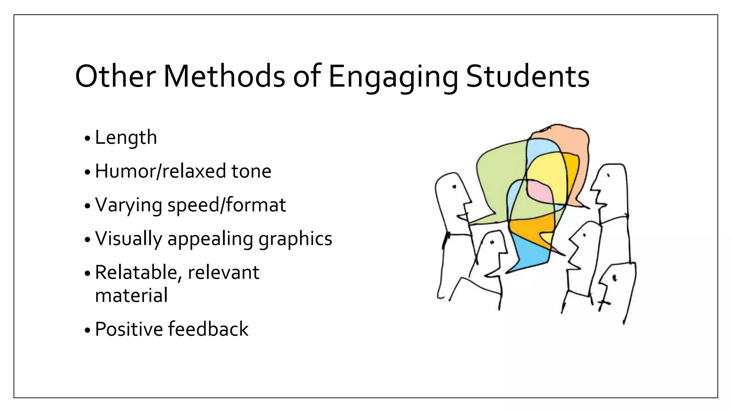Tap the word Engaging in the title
tap(393, 77)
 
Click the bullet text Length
tap(126, 138)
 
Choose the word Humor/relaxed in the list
tap(160, 171)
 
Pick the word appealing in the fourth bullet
tap(210, 239)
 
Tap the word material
tap(131, 295)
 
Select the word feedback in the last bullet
tap(208, 329)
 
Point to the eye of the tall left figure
tap(454, 186)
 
